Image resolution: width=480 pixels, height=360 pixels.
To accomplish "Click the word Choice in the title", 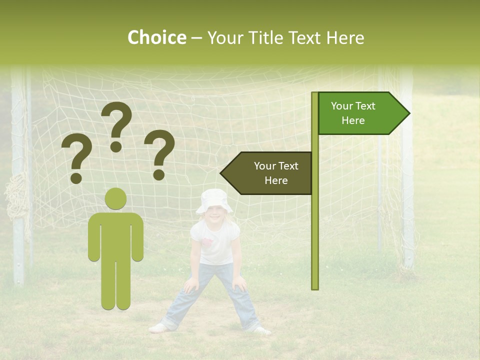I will (156, 38).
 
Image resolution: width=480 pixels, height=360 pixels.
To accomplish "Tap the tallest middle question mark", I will (116, 125).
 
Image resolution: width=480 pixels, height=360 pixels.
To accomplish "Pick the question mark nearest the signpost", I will (159, 154).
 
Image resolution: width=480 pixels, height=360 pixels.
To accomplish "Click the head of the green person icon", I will (115, 199).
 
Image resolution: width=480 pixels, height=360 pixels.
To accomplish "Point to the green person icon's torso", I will (115, 235).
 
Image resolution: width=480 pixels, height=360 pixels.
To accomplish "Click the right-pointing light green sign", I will (360, 113).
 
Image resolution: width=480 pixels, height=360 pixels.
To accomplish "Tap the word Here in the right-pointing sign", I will (353, 120).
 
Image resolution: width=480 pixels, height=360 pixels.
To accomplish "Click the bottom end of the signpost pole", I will (314, 286).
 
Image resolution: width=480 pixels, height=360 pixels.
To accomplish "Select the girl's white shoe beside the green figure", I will (159, 328).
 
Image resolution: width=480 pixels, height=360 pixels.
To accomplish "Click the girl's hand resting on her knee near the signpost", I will (239, 283).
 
